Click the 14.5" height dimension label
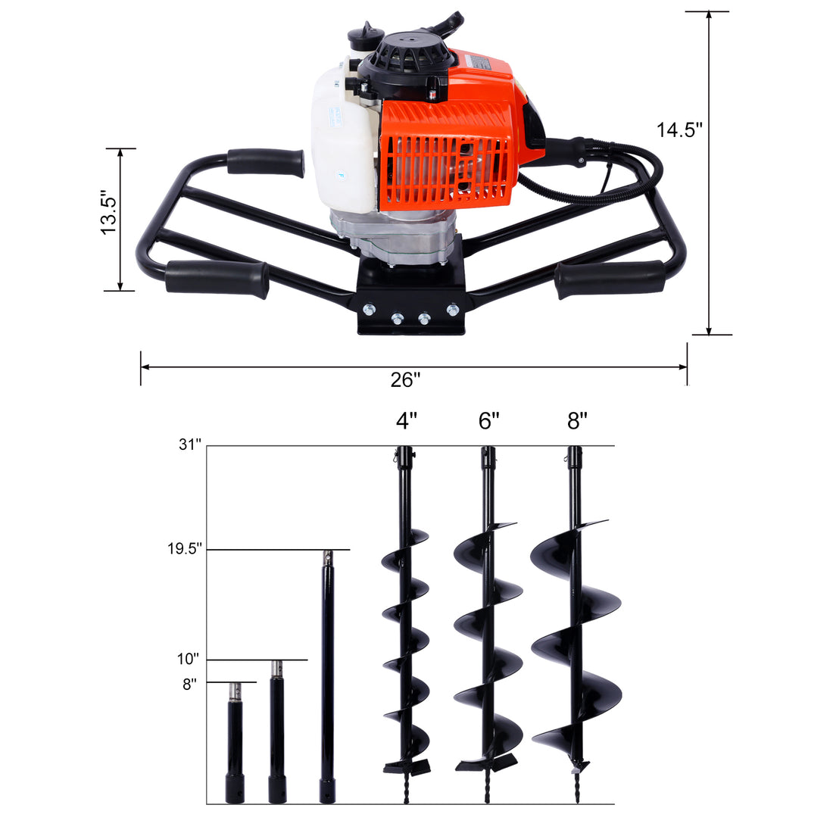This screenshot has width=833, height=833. click(679, 129)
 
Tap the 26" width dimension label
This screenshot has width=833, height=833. click(405, 380)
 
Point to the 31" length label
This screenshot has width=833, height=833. click(191, 445)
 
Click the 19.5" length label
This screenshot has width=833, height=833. click(186, 549)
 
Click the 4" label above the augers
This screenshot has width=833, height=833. click(406, 420)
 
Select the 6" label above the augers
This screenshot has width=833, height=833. click(489, 420)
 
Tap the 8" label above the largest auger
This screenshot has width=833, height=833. click(577, 420)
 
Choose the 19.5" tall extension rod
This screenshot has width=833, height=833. click(327, 674)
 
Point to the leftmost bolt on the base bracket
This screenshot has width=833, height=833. click(369, 310)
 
